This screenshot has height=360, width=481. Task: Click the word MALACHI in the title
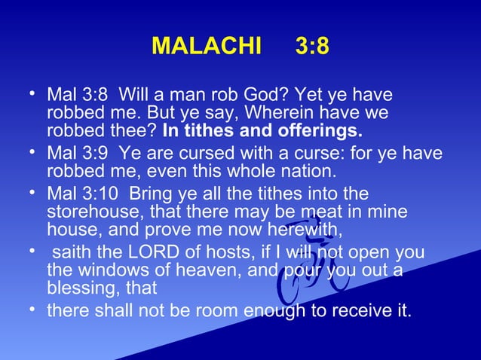(206, 46)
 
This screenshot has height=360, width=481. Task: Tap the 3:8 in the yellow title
(311, 46)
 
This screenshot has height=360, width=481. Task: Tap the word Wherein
(283, 114)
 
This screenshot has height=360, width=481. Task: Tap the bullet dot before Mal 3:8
(30, 96)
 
